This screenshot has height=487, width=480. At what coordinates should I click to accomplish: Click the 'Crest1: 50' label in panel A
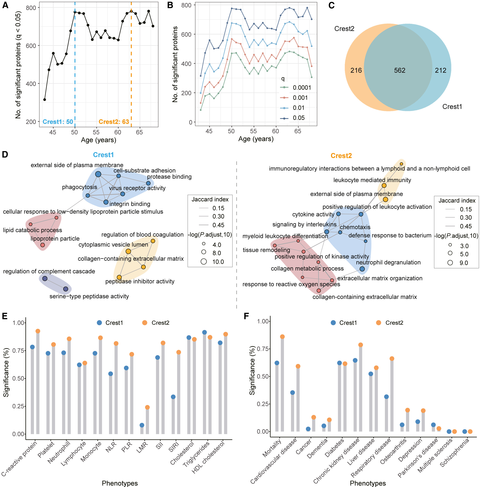click(58, 122)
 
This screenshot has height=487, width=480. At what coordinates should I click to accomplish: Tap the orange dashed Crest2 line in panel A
click(131, 76)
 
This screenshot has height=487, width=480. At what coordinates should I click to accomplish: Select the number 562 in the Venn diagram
click(400, 70)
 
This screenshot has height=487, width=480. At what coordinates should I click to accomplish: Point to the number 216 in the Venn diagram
click(356, 70)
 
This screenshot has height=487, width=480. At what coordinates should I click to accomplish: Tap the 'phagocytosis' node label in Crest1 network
click(79, 187)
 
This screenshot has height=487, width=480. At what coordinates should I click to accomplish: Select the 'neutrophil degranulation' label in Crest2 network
click(388, 262)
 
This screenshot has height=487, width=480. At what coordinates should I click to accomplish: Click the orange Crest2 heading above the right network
click(341, 156)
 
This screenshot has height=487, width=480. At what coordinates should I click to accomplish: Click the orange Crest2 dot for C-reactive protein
click(38, 331)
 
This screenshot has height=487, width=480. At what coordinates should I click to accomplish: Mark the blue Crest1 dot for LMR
click(142, 425)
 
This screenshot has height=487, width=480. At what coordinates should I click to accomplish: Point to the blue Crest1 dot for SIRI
click(173, 397)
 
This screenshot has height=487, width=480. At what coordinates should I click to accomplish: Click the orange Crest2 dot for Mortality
click(282, 336)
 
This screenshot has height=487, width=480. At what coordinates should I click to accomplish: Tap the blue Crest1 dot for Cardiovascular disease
click(292, 392)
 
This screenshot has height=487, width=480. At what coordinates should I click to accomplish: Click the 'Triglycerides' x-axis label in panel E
click(197, 454)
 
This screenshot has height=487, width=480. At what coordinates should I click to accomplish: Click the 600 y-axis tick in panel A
click(31, 46)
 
